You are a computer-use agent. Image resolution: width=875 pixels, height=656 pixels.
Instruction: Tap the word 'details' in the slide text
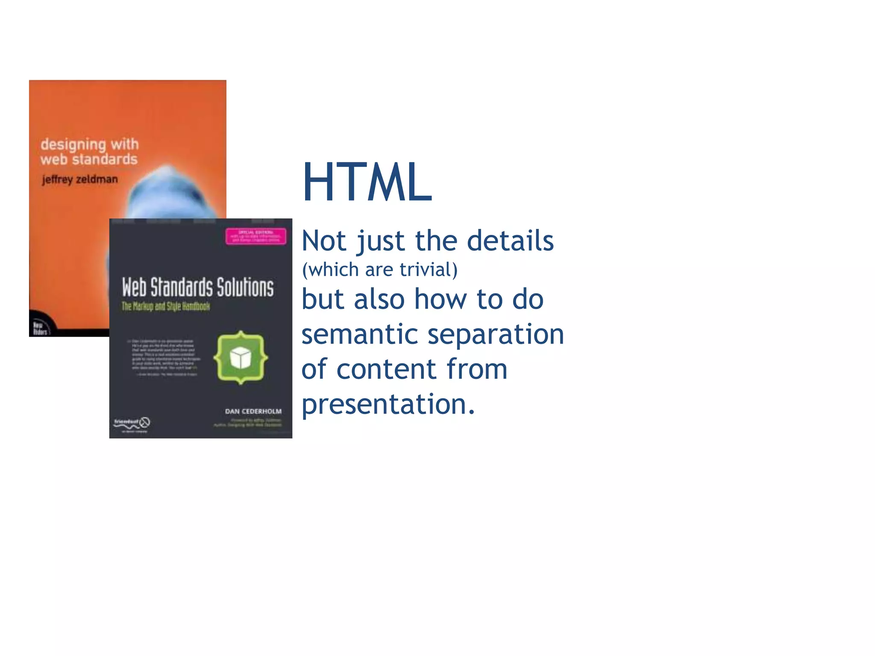pos(510,241)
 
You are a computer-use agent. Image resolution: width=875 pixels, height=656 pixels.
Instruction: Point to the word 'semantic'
pos(359,334)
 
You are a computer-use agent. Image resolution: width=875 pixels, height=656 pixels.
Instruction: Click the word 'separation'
pos(496,334)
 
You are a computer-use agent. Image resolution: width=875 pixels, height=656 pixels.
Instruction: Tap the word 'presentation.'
pos(388,404)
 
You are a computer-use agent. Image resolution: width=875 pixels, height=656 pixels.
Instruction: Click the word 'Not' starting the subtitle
pos(323,241)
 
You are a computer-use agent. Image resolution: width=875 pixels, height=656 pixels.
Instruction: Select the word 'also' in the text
pos(379,299)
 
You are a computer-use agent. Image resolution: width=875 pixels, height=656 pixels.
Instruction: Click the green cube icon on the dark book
pos(241,357)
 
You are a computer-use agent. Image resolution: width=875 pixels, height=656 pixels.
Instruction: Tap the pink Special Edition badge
pos(255,236)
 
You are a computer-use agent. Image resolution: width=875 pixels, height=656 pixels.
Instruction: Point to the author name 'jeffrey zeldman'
pos(80,179)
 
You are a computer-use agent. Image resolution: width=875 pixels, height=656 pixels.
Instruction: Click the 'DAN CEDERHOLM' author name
pos(253,411)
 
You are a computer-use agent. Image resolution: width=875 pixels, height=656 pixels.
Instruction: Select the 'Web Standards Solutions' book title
pos(198,287)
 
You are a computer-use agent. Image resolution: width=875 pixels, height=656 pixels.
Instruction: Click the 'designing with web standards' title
pos(89,152)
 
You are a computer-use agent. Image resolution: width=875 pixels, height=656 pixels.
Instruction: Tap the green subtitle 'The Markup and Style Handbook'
pos(166,306)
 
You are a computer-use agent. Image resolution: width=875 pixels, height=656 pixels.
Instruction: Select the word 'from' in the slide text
pos(477,369)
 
